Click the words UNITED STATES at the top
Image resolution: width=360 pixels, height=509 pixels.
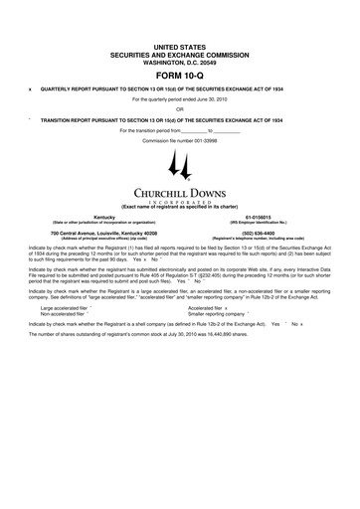point(180,47)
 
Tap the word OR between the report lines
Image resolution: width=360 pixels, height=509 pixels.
point(180,109)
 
